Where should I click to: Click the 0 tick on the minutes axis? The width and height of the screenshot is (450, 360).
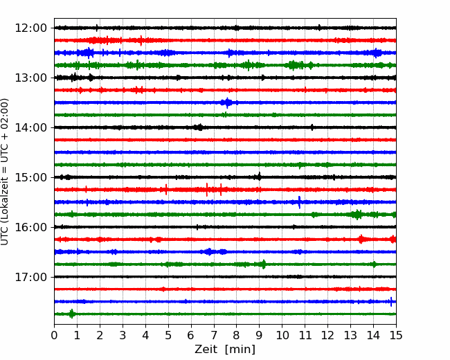click(x=55, y=336)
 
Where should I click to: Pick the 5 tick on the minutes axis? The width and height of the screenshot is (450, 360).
click(x=168, y=336)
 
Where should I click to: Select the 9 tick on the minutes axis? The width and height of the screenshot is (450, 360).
click(x=260, y=336)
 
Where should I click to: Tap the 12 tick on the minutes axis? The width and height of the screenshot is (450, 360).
click(x=327, y=336)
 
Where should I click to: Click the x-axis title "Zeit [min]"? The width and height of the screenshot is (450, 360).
click(x=225, y=350)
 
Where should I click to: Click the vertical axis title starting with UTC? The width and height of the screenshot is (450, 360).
click(x=6, y=171)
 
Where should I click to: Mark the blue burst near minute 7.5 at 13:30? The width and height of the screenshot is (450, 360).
click(x=226, y=102)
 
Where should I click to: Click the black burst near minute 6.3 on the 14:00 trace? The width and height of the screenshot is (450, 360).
click(x=199, y=127)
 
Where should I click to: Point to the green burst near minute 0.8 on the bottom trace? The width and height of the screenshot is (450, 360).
click(x=72, y=314)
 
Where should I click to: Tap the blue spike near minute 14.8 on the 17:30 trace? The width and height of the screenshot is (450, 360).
click(x=391, y=301)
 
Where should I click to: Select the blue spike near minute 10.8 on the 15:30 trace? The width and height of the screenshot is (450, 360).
click(x=299, y=201)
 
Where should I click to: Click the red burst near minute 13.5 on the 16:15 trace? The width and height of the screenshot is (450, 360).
click(x=361, y=239)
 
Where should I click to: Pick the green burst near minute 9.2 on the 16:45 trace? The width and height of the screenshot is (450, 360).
click(x=263, y=264)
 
